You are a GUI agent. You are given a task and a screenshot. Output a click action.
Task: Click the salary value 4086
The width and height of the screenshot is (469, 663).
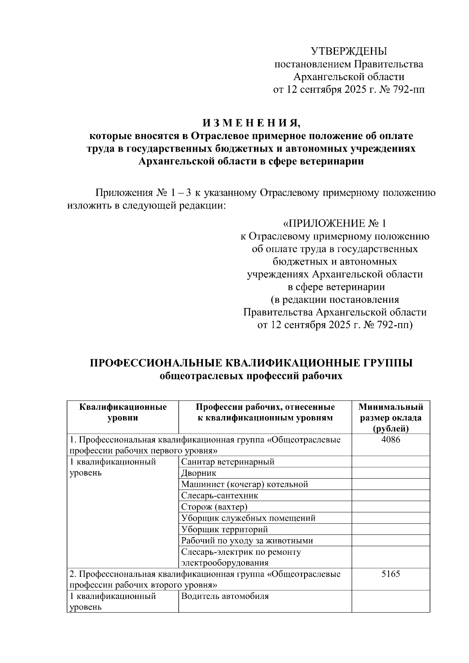pyautogui.click(x=390, y=440)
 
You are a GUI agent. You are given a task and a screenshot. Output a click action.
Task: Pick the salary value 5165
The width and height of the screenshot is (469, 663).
pyautogui.click(x=390, y=574)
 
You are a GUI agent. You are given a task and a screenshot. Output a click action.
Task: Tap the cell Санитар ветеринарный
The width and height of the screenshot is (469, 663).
pyautogui.click(x=228, y=462)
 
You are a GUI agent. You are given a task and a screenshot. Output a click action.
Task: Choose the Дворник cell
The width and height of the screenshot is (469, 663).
pyautogui.click(x=199, y=473)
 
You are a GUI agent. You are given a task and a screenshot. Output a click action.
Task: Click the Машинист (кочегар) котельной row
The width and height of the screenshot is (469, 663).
pyautogui.click(x=245, y=484)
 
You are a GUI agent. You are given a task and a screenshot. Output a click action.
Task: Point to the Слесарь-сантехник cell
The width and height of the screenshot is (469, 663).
pyautogui.click(x=220, y=496)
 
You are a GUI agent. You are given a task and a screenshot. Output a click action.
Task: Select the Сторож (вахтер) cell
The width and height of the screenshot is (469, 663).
pyautogui.click(x=215, y=507)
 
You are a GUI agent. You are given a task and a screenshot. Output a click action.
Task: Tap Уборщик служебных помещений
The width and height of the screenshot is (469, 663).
pyautogui.click(x=248, y=518)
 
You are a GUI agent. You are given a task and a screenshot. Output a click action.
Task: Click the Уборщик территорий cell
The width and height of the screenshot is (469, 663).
pyautogui.click(x=225, y=529)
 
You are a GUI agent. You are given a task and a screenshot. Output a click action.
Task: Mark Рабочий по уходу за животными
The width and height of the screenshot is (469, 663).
pyautogui.click(x=247, y=541)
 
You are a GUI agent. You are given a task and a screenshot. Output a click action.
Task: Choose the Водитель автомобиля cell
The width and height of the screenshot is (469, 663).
pyautogui.click(x=225, y=596)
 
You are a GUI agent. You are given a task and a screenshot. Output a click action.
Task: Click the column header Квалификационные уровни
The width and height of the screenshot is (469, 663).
pyautogui.click(x=123, y=412)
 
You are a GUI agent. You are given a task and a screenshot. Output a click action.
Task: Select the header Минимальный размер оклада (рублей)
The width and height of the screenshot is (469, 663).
pyautogui.click(x=390, y=418)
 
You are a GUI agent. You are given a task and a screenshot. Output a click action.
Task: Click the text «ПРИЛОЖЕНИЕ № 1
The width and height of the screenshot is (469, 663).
pyautogui.click(x=334, y=223)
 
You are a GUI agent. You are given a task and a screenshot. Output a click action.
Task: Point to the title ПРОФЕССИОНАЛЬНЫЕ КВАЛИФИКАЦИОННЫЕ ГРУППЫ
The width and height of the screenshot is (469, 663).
pyautogui.click(x=251, y=363)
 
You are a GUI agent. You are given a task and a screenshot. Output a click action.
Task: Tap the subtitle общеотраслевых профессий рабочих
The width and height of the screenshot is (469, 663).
pyautogui.click(x=251, y=376)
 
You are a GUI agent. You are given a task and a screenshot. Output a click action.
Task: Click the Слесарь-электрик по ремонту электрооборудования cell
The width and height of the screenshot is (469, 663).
pyautogui.click(x=241, y=557)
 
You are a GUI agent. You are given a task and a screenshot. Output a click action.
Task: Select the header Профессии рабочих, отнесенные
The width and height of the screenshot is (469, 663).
pyautogui.click(x=265, y=407)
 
